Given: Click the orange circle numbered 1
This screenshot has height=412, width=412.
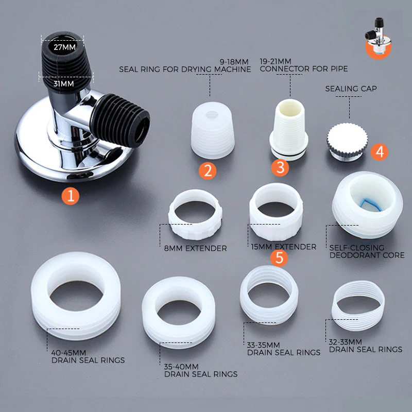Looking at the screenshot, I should [71, 195].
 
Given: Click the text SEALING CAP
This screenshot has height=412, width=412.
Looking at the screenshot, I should [351, 89].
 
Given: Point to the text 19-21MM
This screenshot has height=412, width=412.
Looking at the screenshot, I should [276, 60].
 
